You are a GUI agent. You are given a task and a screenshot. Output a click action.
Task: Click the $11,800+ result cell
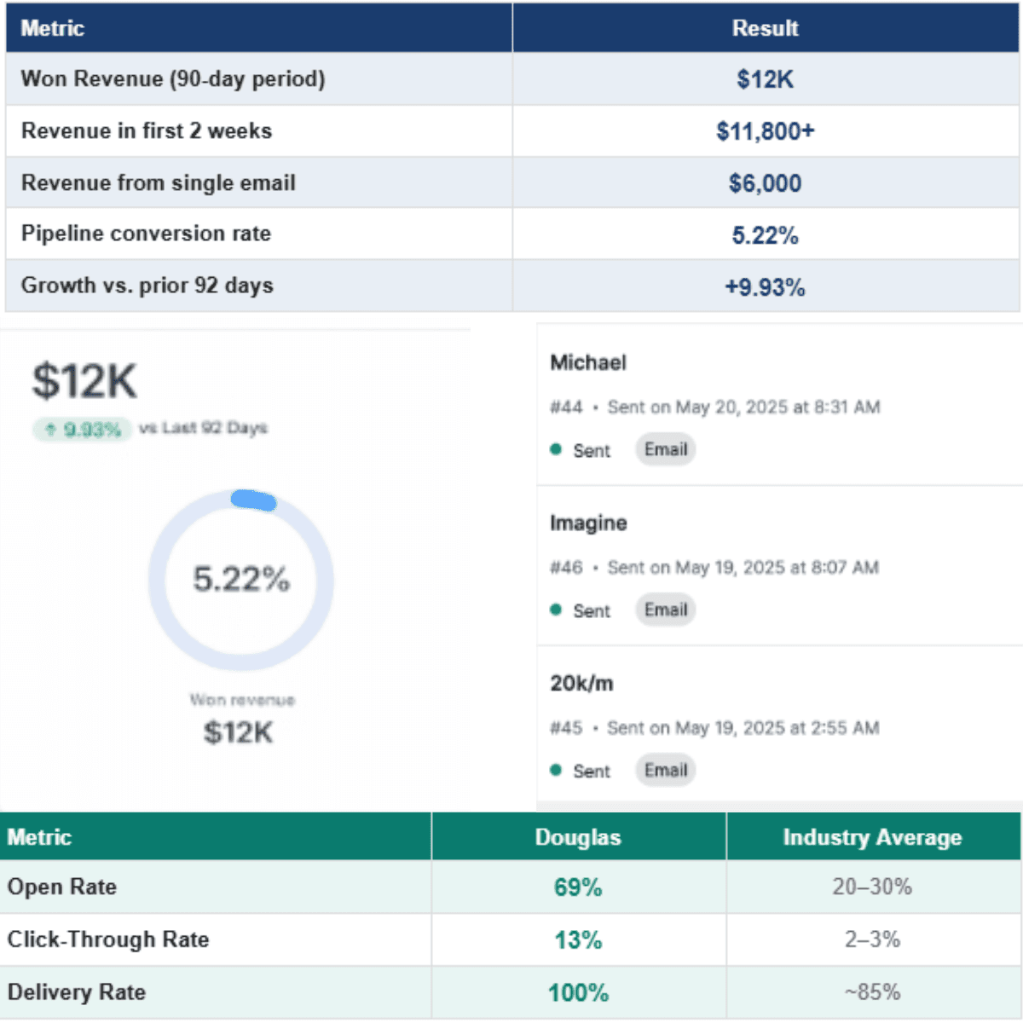coord(765,131)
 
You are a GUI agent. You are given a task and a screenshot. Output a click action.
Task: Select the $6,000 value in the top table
coord(765,183)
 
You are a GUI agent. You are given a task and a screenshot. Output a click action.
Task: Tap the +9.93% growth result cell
coord(765,287)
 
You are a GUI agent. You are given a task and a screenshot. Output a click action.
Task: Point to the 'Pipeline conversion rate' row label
coord(146,234)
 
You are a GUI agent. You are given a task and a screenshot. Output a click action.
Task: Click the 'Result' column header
coord(765,28)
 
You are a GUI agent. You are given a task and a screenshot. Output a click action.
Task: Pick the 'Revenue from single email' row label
coord(158,182)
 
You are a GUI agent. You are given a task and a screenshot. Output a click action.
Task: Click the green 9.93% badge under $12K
coord(84,429)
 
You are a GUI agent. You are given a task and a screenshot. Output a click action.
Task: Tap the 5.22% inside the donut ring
coord(241,580)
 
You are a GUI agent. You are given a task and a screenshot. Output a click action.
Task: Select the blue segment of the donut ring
coord(254,500)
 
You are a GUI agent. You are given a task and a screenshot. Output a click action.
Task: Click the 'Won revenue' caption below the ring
coord(242,700)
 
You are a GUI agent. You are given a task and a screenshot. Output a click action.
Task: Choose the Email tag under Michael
coord(666,449)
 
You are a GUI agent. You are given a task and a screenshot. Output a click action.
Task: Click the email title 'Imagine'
coord(588,523)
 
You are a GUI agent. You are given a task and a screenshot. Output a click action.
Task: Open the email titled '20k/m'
coord(581,683)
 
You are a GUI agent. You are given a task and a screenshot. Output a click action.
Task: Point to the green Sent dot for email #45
coord(556,770)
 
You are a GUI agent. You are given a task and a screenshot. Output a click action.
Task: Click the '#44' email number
coord(566,407)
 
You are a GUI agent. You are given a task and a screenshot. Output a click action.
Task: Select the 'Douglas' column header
coord(578,837)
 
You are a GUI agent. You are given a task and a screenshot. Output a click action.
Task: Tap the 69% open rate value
coord(578,887)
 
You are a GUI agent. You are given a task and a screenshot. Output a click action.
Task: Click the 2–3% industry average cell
coord(872,939)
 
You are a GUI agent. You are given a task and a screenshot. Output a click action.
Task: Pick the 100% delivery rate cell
coord(578,992)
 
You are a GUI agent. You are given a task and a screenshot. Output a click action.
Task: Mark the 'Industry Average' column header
coord(872,837)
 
